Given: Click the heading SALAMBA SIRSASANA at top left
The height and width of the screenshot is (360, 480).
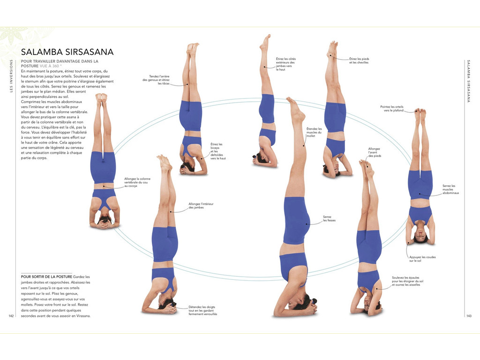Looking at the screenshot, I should [67, 52].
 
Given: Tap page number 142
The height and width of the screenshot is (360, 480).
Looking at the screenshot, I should [12, 315].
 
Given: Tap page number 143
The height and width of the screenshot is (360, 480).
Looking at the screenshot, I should [468, 315].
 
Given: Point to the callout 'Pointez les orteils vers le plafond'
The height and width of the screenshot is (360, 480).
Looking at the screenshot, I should [391, 109].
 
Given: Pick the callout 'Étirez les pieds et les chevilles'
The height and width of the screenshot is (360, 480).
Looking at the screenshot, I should [359, 60].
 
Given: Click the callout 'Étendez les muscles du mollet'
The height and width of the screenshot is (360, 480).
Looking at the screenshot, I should [314, 133].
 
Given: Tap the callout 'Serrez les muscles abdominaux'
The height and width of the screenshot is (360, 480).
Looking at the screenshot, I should [450, 189].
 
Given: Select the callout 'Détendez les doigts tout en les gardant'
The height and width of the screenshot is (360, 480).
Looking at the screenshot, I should [202, 310].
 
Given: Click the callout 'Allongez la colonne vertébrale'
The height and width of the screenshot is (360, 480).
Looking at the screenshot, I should [137, 182].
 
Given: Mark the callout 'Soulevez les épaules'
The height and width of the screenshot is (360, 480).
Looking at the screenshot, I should [408, 281].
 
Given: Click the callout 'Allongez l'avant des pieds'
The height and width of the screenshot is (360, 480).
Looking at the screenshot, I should [375, 152].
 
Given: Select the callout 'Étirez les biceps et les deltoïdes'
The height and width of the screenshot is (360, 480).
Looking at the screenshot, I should [218, 151].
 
